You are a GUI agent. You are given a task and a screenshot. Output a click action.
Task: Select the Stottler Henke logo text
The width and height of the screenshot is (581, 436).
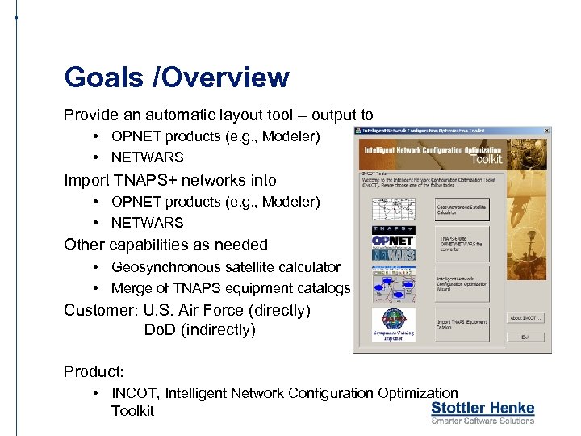483,408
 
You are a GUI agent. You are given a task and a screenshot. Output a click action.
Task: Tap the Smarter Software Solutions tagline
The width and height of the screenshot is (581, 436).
483,421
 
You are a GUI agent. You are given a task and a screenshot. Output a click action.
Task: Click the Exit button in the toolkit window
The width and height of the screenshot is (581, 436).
525,337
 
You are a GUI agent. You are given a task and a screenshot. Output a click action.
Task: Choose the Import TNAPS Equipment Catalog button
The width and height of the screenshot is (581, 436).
462,323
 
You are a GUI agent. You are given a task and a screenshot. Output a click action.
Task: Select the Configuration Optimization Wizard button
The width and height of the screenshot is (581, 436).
462,283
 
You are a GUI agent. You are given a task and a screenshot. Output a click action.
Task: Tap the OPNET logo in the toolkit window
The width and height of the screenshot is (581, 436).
393,240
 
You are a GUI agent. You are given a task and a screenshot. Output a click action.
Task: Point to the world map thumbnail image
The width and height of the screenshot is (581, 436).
393,209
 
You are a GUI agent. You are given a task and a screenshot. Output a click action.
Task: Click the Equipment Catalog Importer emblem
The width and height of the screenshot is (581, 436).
393,324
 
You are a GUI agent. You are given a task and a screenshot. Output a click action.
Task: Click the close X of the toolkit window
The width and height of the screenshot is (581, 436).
547,130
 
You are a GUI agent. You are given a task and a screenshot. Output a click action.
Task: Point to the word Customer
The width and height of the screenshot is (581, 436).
97,310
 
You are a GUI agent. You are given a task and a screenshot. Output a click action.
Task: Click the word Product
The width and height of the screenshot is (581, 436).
93,371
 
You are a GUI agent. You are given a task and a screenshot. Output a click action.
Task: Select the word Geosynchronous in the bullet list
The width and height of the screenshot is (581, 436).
164,266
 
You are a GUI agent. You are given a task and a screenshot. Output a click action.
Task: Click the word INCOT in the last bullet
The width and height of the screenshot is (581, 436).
137,393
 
